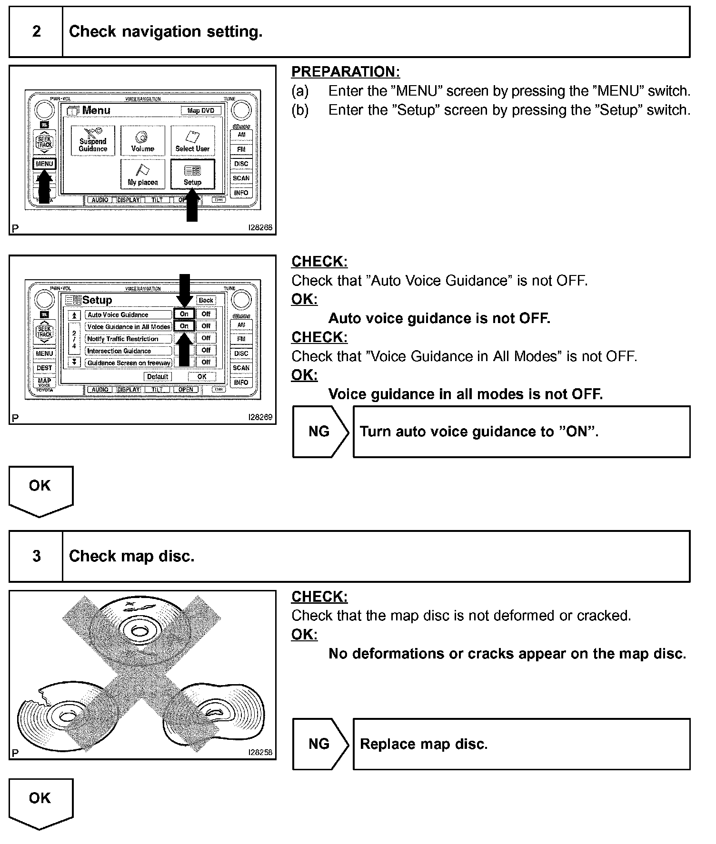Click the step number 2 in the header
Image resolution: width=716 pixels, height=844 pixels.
coord(36,32)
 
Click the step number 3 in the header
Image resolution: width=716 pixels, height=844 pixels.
coord(36,556)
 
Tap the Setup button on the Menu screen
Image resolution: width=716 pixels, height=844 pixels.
coord(192,175)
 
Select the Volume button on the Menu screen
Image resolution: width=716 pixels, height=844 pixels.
coord(143,141)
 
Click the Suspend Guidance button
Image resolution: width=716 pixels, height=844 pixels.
coord(93,141)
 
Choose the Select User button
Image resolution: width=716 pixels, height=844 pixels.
coord(192,141)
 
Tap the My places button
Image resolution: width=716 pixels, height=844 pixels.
coord(143,175)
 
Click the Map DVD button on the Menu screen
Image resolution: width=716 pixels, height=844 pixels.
coord(201,111)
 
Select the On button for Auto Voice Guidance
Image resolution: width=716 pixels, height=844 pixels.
coord(184,314)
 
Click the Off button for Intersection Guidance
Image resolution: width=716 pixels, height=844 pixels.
coord(206,350)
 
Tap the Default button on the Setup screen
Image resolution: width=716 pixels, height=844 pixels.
coord(158,377)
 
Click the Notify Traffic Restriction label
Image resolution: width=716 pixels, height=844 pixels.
coord(123,339)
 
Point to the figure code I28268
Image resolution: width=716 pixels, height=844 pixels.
coord(260,228)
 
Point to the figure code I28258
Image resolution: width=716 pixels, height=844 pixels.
coord(260,752)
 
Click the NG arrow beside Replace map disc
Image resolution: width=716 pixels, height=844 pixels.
coord(320,744)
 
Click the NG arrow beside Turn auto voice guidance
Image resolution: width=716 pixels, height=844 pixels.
coord(320,432)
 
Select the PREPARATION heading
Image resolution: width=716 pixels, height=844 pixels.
coord(346,72)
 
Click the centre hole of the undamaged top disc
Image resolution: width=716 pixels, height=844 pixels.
coord(139,631)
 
